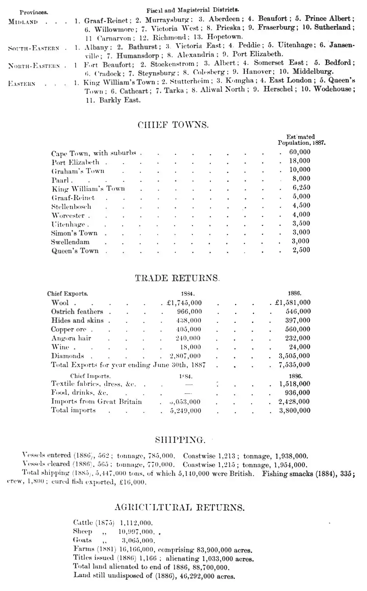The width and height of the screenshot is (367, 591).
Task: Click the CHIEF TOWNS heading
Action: point(173,125)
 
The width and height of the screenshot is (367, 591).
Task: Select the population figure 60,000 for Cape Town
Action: point(299,152)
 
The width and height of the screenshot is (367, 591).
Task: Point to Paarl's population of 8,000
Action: point(301,179)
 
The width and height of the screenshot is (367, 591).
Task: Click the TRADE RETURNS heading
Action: point(177,278)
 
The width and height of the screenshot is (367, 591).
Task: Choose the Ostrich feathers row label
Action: point(77,312)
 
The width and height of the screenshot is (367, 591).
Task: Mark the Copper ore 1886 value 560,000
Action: point(298,329)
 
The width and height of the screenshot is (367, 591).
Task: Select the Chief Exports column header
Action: point(68,294)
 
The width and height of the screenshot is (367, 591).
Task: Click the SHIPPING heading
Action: point(180,439)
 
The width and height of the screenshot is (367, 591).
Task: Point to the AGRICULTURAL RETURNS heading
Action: point(179,508)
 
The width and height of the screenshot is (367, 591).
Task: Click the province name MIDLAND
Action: point(23,22)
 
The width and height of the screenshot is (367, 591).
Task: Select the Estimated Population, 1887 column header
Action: point(301,140)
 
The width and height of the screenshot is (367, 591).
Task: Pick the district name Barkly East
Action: point(120,100)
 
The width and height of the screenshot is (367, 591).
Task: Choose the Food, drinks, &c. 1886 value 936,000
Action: point(298,393)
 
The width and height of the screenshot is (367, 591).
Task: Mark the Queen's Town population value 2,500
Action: point(301,250)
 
